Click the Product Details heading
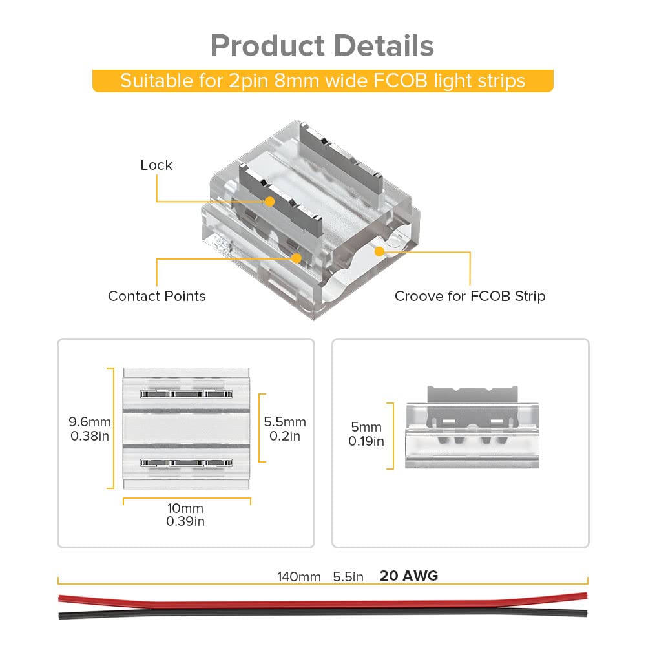click(322, 47)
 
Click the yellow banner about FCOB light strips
click(322, 81)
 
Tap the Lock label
click(156, 165)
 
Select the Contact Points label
click(156, 297)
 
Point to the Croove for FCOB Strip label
click(470, 297)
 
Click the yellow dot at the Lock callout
click(270, 202)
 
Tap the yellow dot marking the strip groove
click(380, 251)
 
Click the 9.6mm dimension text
click(90, 422)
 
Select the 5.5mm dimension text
click(285, 422)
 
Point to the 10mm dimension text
click(185, 509)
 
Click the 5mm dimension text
click(366, 428)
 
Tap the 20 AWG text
click(408, 576)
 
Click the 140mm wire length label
click(299, 576)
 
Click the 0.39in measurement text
click(185, 521)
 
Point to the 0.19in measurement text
click(366, 442)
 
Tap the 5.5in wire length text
click(349, 576)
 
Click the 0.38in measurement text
click(90, 436)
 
